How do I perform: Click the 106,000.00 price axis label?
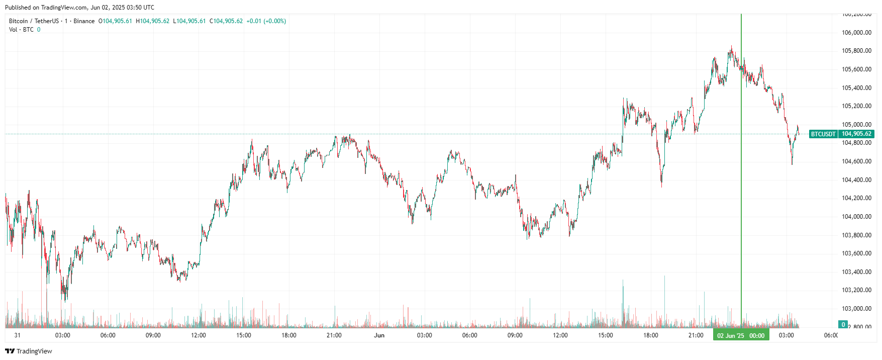coord(856,33)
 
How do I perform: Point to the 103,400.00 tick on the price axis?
coord(856,272)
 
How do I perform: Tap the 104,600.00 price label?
coord(856,161)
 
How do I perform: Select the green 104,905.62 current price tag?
coord(856,134)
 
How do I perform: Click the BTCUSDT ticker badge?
coord(823,134)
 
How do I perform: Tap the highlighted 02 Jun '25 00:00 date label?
coord(741,335)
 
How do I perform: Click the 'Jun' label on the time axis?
coord(379,335)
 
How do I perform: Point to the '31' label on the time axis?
coord(18,335)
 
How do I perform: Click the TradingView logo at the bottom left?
coord(29,351)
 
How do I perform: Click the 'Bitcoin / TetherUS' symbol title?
coord(34,21)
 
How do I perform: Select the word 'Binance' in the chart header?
coord(84,21)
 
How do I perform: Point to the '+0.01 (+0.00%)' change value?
coord(266,21)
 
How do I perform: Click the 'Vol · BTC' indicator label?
coord(21,30)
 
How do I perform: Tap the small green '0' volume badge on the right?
coord(843,324)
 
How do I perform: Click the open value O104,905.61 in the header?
coord(115,21)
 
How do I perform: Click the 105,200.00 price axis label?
coord(856,106)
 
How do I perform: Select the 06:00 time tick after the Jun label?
coord(470,335)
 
